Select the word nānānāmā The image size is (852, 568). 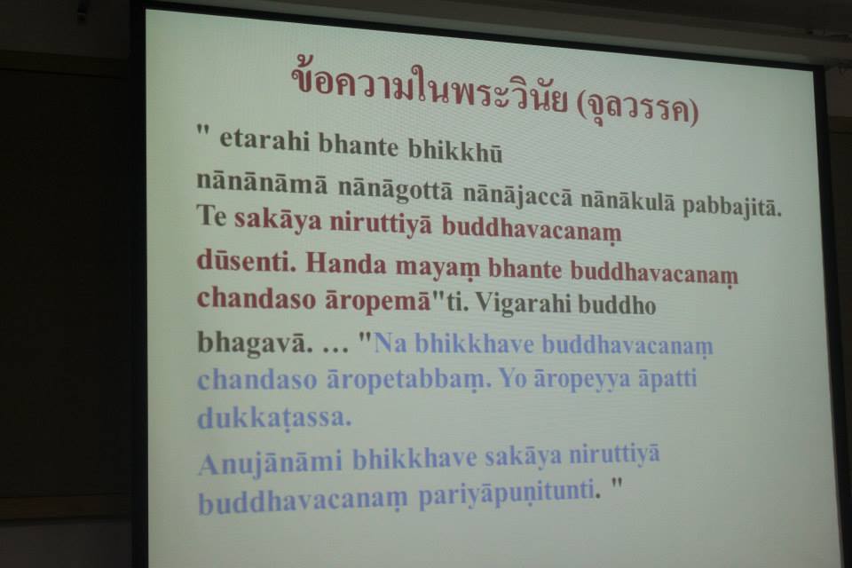click(262, 182)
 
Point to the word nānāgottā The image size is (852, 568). click(395, 189)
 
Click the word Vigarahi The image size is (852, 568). click(522, 304)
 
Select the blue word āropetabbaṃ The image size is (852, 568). click(408, 380)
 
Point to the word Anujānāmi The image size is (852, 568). click(270, 463)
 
